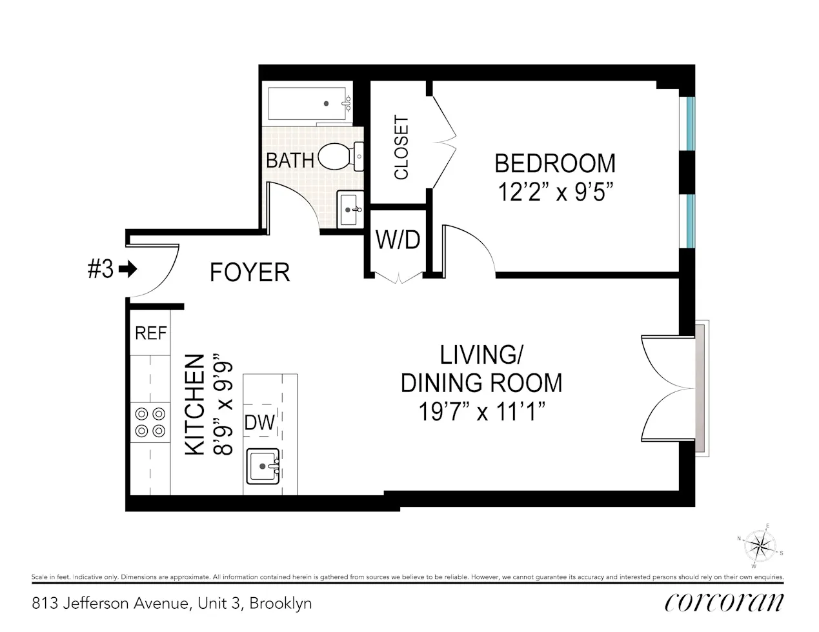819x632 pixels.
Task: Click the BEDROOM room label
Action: (554, 163)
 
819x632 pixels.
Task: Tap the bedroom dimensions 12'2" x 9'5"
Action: (554, 192)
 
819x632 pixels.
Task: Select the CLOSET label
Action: (401, 148)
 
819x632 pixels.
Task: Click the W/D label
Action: (398, 240)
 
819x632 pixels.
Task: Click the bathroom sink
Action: (350, 209)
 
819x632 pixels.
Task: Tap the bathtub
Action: (309, 103)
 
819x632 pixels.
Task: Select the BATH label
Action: (290, 160)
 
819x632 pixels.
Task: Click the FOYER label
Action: (250, 272)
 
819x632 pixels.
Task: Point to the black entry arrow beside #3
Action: (129, 269)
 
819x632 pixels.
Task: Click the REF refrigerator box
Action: (150, 333)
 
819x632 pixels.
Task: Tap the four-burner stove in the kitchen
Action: (149, 422)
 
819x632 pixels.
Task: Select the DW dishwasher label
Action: (259, 423)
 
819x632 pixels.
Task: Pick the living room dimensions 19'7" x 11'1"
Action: (482, 411)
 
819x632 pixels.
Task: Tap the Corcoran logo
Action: (724, 602)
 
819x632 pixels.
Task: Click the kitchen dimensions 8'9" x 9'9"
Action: (223, 404)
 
